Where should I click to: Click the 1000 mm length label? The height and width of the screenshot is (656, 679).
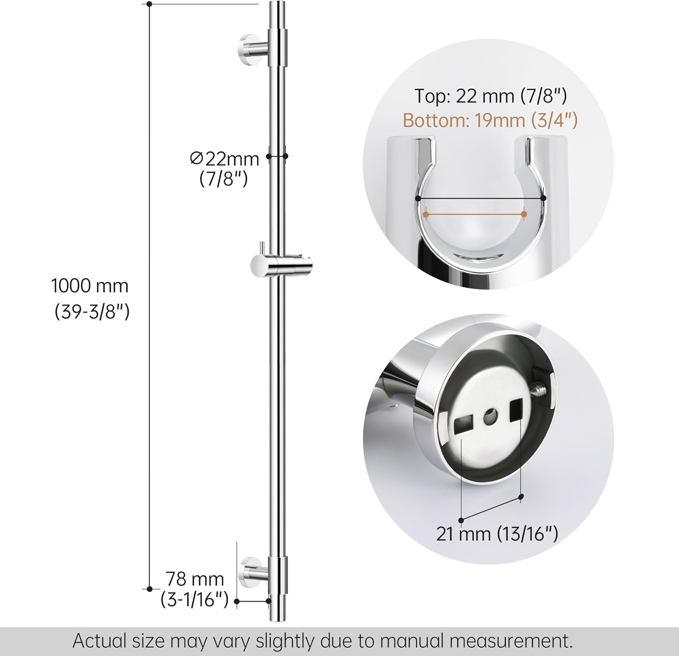click(x=90, y=286)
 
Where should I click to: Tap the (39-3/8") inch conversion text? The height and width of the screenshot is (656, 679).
click(x=92, y=312)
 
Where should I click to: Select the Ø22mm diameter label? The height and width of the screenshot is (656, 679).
click(x=225, y=159)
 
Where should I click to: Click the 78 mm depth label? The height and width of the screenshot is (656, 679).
click(x=195, y=579)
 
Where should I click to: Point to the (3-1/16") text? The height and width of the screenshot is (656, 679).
click(x=195, y=600)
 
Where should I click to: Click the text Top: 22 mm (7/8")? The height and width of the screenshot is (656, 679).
click(x=491, y=96)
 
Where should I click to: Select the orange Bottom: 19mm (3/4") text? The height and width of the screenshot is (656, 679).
click(x=490, y=120)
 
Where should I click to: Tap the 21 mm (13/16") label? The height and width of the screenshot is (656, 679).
click(x=497, y=534)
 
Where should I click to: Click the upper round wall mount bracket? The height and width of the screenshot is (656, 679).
click(x=249, y=46)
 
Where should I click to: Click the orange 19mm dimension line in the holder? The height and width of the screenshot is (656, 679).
click(x=474, y=214)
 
